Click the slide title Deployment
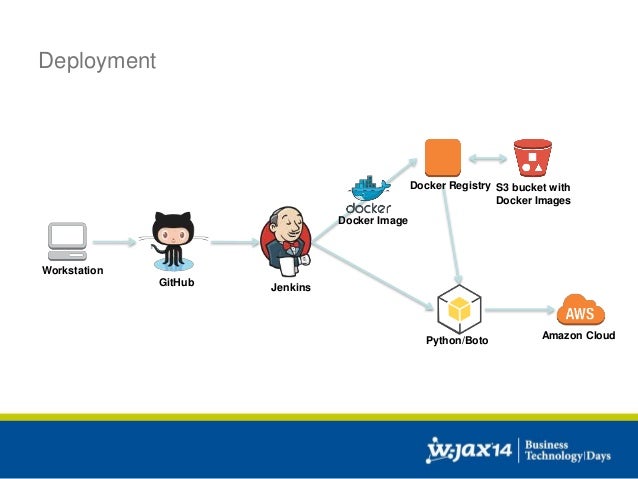[97, 62]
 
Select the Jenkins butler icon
[286, 242]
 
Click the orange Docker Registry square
[442, 158]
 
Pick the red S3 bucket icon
[533, 158]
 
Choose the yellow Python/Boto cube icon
[458, 310]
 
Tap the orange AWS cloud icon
[581, 310]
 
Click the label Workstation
[72, 272]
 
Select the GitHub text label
[177, 283]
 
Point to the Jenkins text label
[291, 288]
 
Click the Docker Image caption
[373, 220]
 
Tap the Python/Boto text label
[457, 342]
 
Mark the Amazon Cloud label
[578, 336]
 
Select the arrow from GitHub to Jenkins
[233, 242]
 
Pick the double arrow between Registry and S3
[487, 158]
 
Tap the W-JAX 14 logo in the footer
[469, 450]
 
